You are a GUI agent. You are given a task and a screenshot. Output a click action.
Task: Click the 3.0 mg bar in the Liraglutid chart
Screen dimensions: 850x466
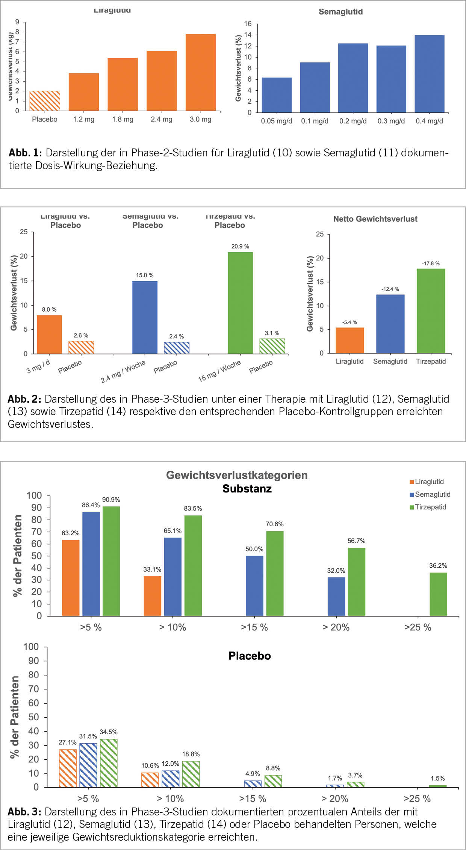point(201,72)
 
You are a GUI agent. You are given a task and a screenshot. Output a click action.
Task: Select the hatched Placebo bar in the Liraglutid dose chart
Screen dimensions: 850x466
point(45,101)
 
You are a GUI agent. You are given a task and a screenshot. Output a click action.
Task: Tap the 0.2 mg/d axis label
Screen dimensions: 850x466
point(353,121)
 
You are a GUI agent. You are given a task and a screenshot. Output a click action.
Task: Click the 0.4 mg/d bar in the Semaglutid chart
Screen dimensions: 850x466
point(430,74)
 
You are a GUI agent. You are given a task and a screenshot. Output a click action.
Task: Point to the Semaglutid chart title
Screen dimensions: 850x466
point(340,12)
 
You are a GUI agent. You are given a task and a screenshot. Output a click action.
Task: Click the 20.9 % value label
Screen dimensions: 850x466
point(240,246)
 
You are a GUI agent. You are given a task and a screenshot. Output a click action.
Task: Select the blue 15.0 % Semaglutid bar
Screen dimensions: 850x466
point(145,317)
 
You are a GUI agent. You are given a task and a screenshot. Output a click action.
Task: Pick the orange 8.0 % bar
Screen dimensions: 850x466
point(49,334)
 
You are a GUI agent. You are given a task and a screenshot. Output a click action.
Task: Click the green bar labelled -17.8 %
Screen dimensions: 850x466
point(431,311)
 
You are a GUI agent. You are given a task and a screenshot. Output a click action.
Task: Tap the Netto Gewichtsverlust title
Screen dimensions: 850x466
point(375,219)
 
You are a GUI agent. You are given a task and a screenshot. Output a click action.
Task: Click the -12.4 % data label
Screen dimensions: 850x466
point(390,289)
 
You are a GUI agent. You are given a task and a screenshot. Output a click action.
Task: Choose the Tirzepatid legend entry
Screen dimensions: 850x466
point(428,507)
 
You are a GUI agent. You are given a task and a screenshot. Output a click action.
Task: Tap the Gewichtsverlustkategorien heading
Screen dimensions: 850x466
point(237,475)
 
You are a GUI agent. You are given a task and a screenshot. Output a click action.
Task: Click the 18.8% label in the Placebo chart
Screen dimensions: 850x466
point(191,754)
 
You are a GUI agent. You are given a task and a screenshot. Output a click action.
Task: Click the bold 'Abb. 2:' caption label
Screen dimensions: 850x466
point(24,399)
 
